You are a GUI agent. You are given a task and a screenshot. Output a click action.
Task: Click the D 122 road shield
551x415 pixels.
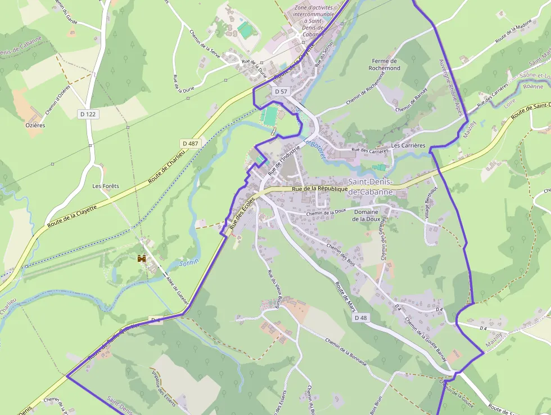pyautogui.click(x=88, y=114)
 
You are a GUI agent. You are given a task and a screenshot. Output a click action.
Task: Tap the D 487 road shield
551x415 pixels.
pyautogui.click(x=191, y=144)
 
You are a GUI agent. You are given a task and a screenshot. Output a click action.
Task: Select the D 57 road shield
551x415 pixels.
pyautogui.click(x=281, y=91)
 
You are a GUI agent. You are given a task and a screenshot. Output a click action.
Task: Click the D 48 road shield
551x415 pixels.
pyautogui.click(x=360, y=318)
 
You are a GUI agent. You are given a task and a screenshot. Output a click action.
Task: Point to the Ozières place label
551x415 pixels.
pyautogui.click(x=35, y=125)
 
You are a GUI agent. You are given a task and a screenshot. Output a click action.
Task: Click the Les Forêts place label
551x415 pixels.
pyautogui.click(x=106, y=186)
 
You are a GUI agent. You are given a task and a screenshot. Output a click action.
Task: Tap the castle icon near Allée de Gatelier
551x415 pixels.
pyautogui.click(x=142, y=258)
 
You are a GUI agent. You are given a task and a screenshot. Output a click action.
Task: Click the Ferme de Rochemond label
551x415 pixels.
pyautogui.click(x=385, y=64)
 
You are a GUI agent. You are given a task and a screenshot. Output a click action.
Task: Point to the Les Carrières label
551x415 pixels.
pyautogui.click(x=408, y=145)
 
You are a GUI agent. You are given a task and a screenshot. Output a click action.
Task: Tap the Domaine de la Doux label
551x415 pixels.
pyautogui.click(x=366, y=215)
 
